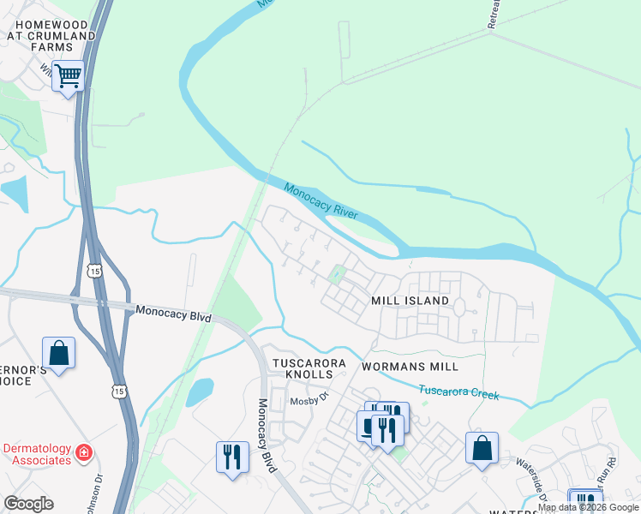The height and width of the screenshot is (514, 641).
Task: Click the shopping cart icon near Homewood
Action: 68,75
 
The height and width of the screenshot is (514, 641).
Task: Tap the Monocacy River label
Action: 320,201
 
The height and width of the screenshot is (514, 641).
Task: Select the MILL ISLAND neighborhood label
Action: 410,302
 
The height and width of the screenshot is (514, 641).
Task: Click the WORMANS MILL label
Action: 410,367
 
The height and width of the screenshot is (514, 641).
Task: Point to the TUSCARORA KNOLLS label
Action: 309,370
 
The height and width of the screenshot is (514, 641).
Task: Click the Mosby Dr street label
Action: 309,398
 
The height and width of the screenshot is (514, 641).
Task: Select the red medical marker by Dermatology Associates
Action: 84,451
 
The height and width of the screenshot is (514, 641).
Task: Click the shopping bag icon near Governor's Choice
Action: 58,353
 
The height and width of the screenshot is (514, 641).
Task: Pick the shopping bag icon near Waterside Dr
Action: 482,447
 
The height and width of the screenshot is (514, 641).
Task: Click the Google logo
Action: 28,504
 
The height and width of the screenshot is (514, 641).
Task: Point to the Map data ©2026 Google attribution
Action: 588,507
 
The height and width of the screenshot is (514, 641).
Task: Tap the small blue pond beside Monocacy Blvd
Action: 200,391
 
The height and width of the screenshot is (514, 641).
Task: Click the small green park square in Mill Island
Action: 337,275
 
